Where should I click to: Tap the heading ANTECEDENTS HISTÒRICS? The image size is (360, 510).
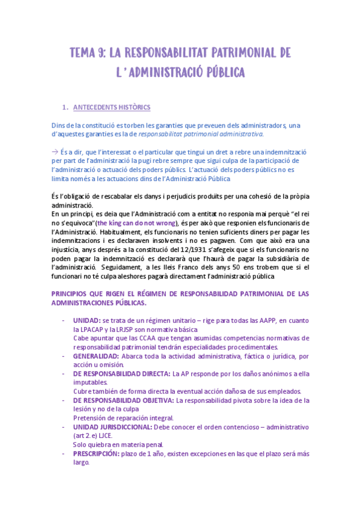(111, 108)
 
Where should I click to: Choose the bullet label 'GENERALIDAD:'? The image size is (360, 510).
(96, 355)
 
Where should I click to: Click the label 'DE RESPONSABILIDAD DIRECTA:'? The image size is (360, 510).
(121, 373)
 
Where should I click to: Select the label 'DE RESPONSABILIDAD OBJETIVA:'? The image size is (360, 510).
(123, 400)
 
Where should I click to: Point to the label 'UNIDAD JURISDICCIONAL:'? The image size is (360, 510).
(112, 426)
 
